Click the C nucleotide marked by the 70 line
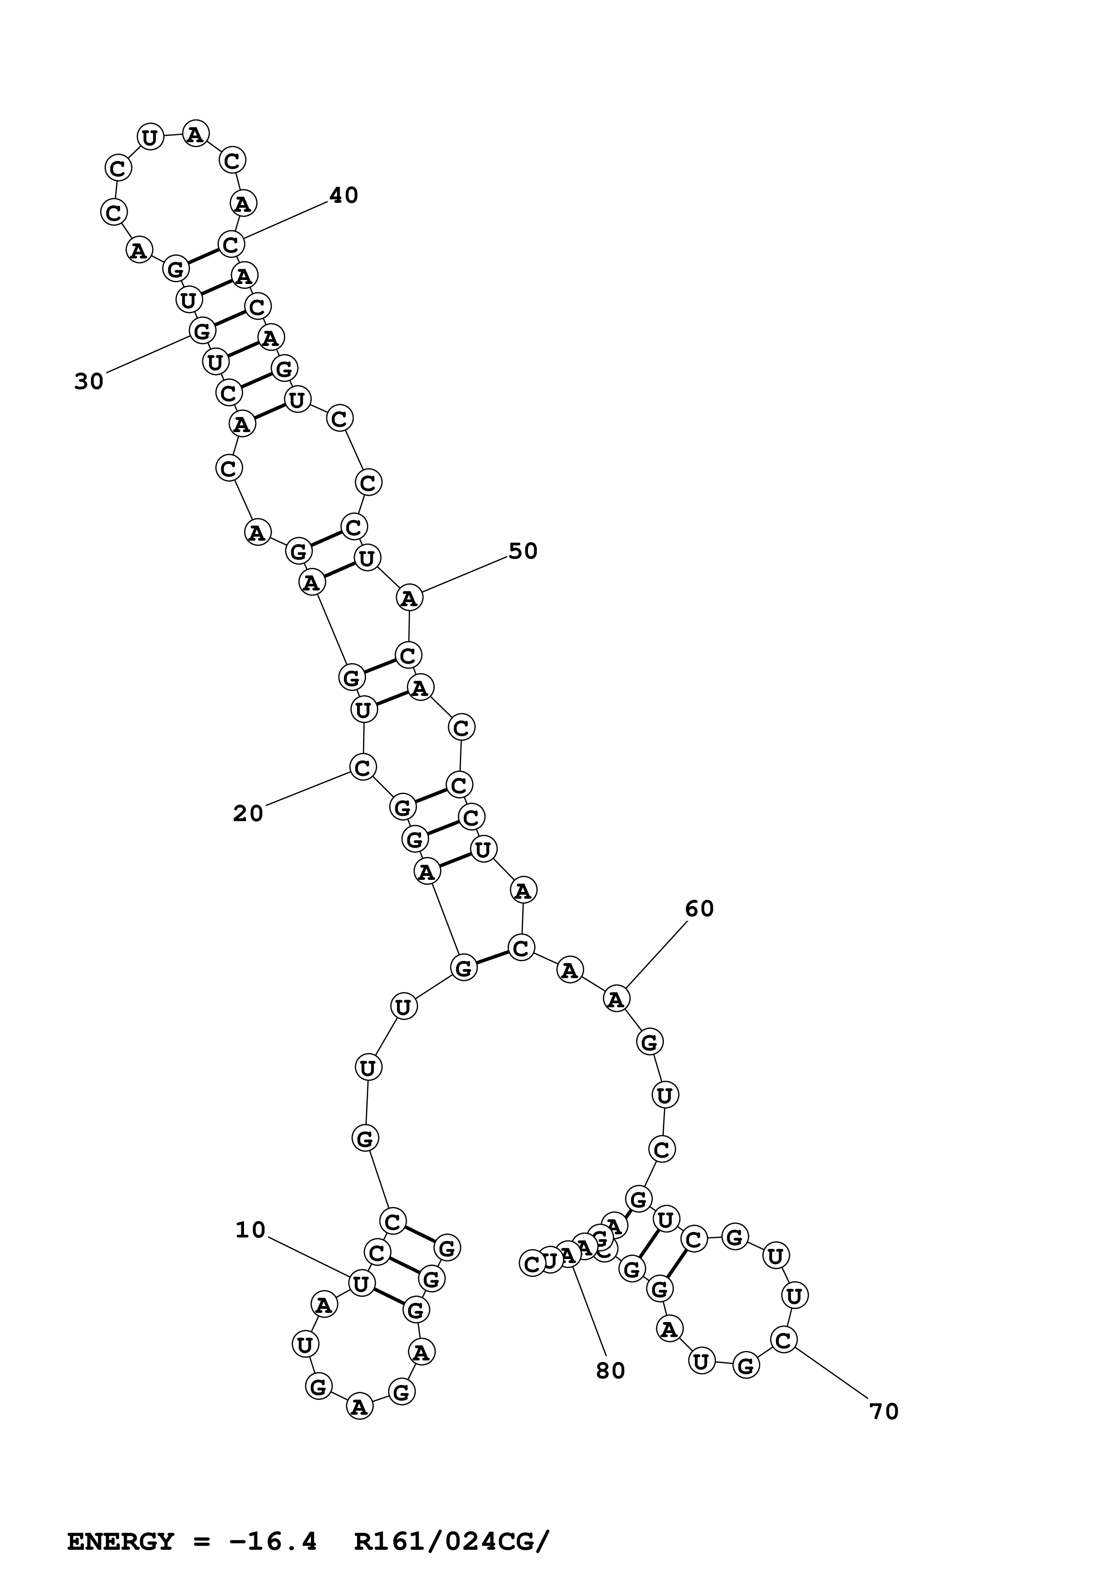point(783,1339)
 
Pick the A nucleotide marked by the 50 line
point(409,599)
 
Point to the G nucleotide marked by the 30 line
point(201,332)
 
